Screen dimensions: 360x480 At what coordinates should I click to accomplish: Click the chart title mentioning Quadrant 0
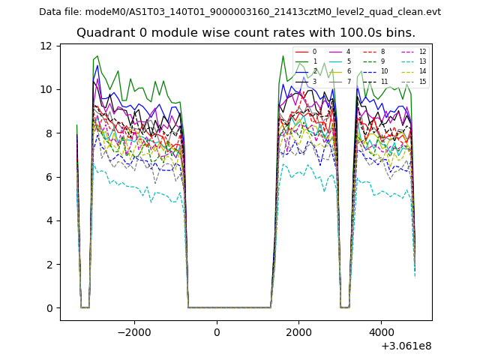tap(245, 33)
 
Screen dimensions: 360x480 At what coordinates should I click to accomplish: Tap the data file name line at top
tap(240, 12)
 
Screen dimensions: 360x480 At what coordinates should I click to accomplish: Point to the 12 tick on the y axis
tap(46, 46)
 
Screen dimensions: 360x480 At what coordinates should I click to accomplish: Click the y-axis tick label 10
tap(46, 89)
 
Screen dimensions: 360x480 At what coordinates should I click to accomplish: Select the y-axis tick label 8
tap(49, 133)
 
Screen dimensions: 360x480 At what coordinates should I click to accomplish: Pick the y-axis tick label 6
tap(49, 177)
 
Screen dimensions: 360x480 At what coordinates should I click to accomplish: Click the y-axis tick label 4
tap(49, 220)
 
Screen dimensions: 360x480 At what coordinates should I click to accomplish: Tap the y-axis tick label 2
tap(49, 264)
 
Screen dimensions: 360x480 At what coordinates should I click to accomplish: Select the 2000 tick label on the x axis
tap(298, 331)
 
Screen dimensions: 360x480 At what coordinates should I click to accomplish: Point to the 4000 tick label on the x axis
tap(381, 331)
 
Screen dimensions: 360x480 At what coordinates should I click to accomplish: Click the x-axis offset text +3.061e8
tap(406, 346)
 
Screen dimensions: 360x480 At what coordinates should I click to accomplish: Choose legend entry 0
tap(314, 52)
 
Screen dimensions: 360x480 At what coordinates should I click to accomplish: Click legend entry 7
tap(348, 81)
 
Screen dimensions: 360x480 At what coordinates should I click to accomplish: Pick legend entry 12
tap(422, 52)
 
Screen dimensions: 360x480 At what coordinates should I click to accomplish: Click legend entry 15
tap(422, 81)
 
